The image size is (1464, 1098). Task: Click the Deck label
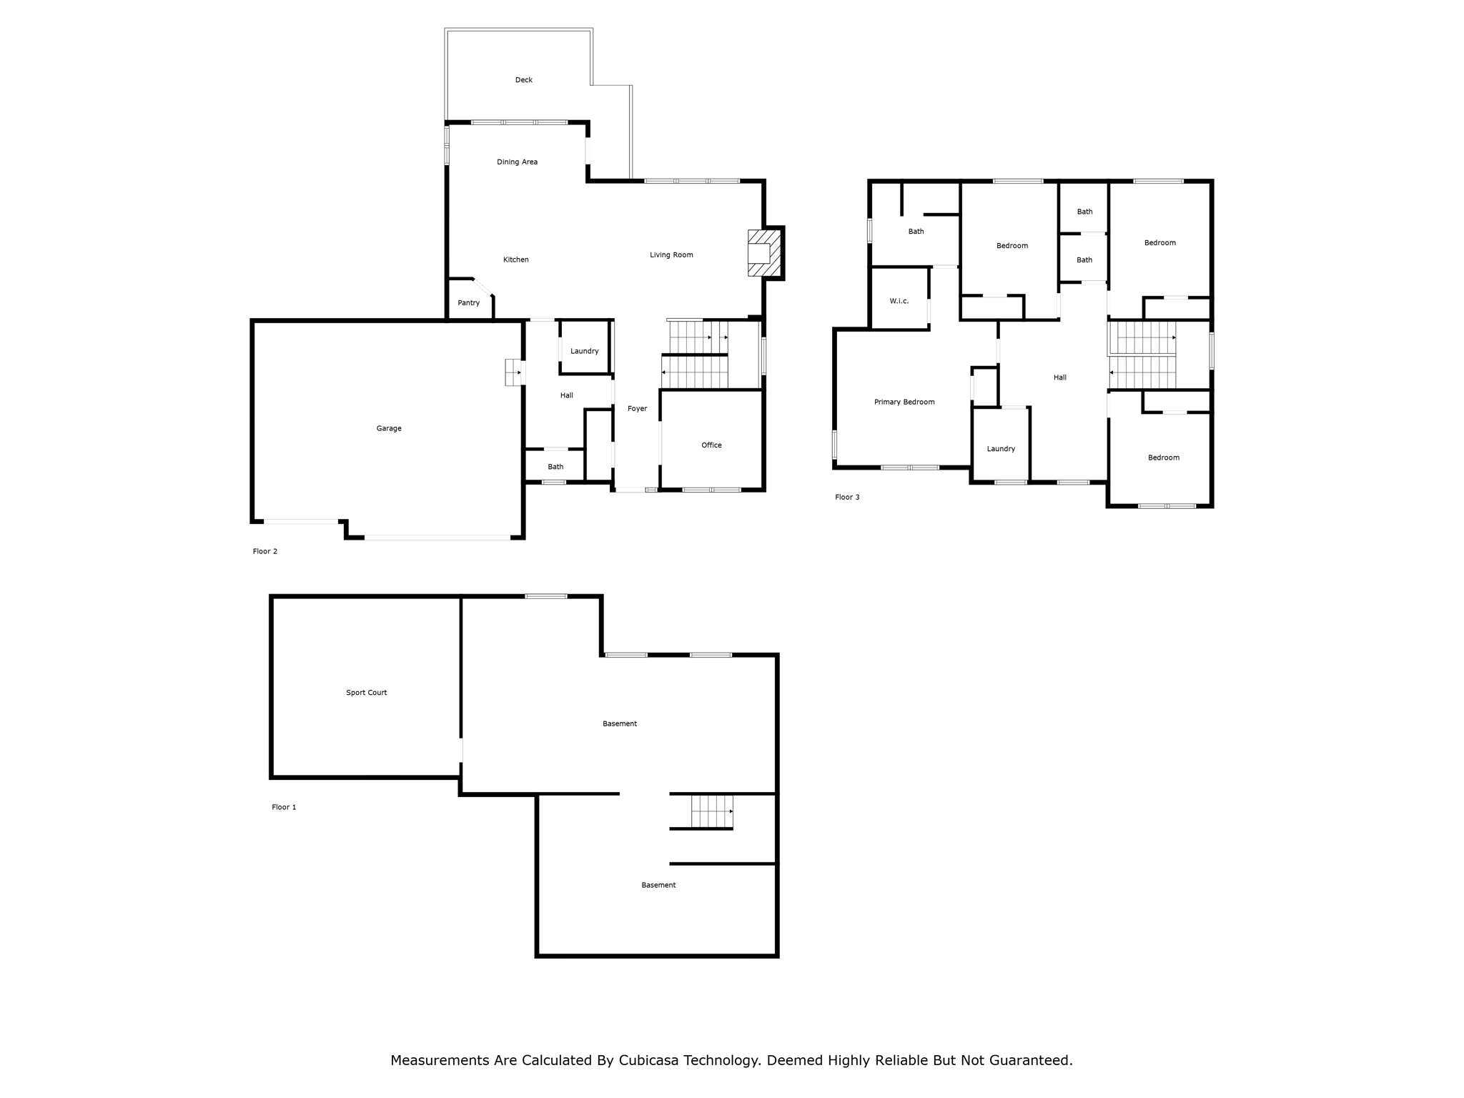pos(523,80)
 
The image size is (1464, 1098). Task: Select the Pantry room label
pos(468,303)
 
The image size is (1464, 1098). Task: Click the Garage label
pos(389,428)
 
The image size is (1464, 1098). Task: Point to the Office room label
pos(711,445)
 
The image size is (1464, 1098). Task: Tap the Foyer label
pos(637,409)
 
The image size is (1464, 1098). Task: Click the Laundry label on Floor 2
pos(584,351)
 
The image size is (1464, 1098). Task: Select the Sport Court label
pos(366,693)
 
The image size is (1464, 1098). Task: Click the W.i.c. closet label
pos(899,301)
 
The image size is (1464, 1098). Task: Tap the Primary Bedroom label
pos(904,402)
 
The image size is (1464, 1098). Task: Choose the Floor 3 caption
pos(847,497)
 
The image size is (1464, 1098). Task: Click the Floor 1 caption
pos(284,807)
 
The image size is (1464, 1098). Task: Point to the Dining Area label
pos(517,162)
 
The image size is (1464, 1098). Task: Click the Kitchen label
pos(515,259)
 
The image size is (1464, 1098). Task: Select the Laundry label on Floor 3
pos(1001,449)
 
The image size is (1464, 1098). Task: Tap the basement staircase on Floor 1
pos(711,811)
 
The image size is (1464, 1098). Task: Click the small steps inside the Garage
pos(513,372)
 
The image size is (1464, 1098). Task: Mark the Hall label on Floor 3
pos(1059,377)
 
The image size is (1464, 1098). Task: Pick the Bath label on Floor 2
pos(555,467)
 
